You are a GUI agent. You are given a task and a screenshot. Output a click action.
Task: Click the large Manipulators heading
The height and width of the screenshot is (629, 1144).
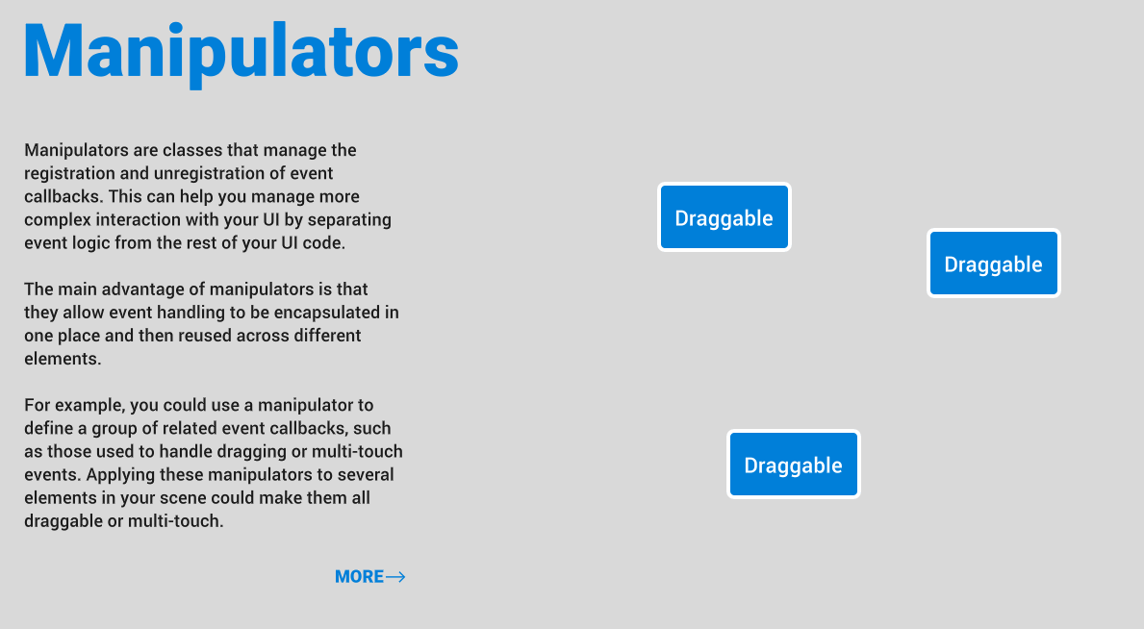242,51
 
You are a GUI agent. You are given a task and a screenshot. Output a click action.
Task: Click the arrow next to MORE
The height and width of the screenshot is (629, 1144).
395,576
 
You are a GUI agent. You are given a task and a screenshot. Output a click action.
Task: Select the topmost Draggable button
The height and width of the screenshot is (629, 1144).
724,217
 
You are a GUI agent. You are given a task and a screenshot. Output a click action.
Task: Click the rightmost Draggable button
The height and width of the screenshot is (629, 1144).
993,264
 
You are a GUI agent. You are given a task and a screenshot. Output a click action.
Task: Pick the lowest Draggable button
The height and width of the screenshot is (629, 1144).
793,465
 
